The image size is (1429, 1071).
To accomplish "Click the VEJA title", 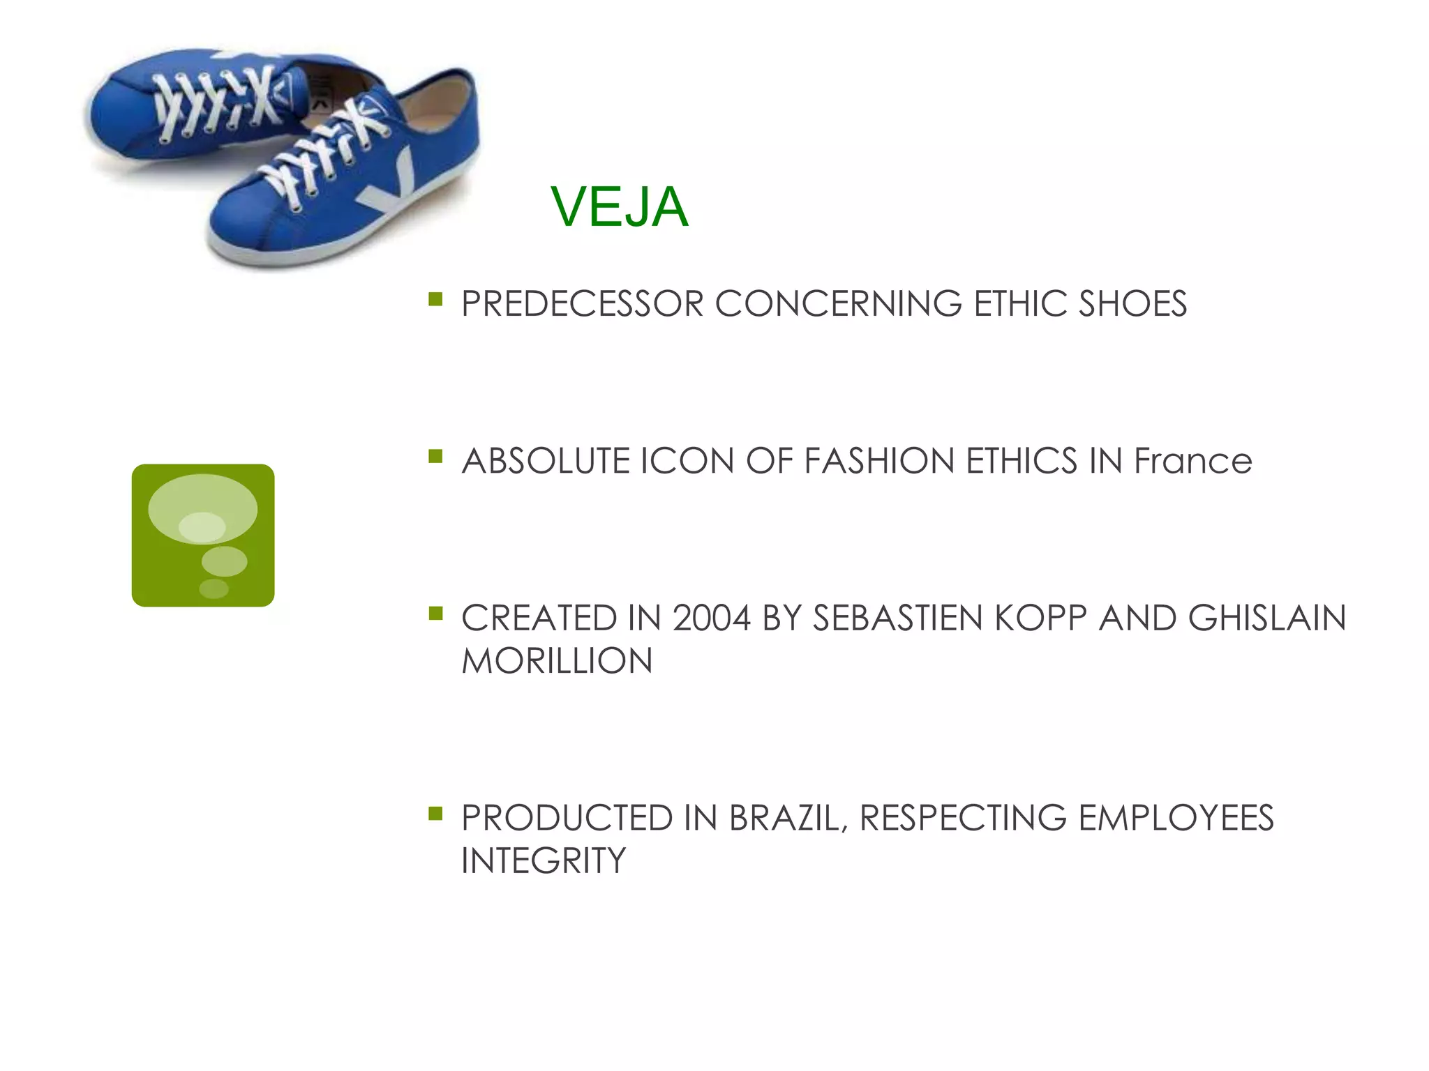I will (619, 207).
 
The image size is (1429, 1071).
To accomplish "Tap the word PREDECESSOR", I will (582, 305).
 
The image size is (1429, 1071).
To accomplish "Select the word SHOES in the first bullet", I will (1132, 305).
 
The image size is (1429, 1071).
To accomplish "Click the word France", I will (1192, 462).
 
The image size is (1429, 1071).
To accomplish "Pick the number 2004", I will (711, 618).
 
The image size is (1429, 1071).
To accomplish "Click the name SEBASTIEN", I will (897, 618).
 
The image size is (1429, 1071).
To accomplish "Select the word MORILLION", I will (557, 661).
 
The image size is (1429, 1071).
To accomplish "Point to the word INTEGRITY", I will (544, 861).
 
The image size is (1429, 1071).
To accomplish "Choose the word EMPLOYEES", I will (1176, 819).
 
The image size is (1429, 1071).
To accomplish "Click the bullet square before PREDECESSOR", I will (436, 300).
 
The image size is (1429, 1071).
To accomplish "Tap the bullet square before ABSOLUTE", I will (436, 457).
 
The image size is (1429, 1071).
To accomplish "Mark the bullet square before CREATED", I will (436, 614).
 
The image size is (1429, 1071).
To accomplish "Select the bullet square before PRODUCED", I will (436, 813).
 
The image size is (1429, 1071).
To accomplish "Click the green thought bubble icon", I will (203, 535).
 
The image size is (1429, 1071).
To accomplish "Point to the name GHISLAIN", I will (1266, 618).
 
